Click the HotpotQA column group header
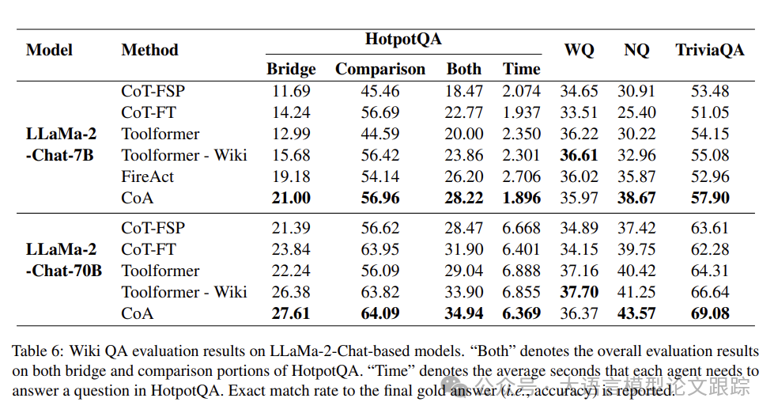coord(403,39)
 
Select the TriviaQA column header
coord(709,50)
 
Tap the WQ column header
coord(579,50)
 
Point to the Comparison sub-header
coord(380,69)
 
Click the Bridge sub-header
coord(291,69)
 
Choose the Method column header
coord(149,50)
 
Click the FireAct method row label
coord(148,176)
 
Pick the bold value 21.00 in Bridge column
coord(291,198)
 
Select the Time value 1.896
coord(521,198)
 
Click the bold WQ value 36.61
coord(579,155)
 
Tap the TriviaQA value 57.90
coord(709,198)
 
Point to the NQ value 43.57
coord(636,313)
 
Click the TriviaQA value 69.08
coord(709,313)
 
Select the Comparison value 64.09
coord(380,313)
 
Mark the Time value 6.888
coord(521,271)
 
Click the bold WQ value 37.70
coord(579,292)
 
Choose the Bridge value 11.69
coord(291,91)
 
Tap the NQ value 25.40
coord(636,112)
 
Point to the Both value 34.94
coord(463,313)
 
